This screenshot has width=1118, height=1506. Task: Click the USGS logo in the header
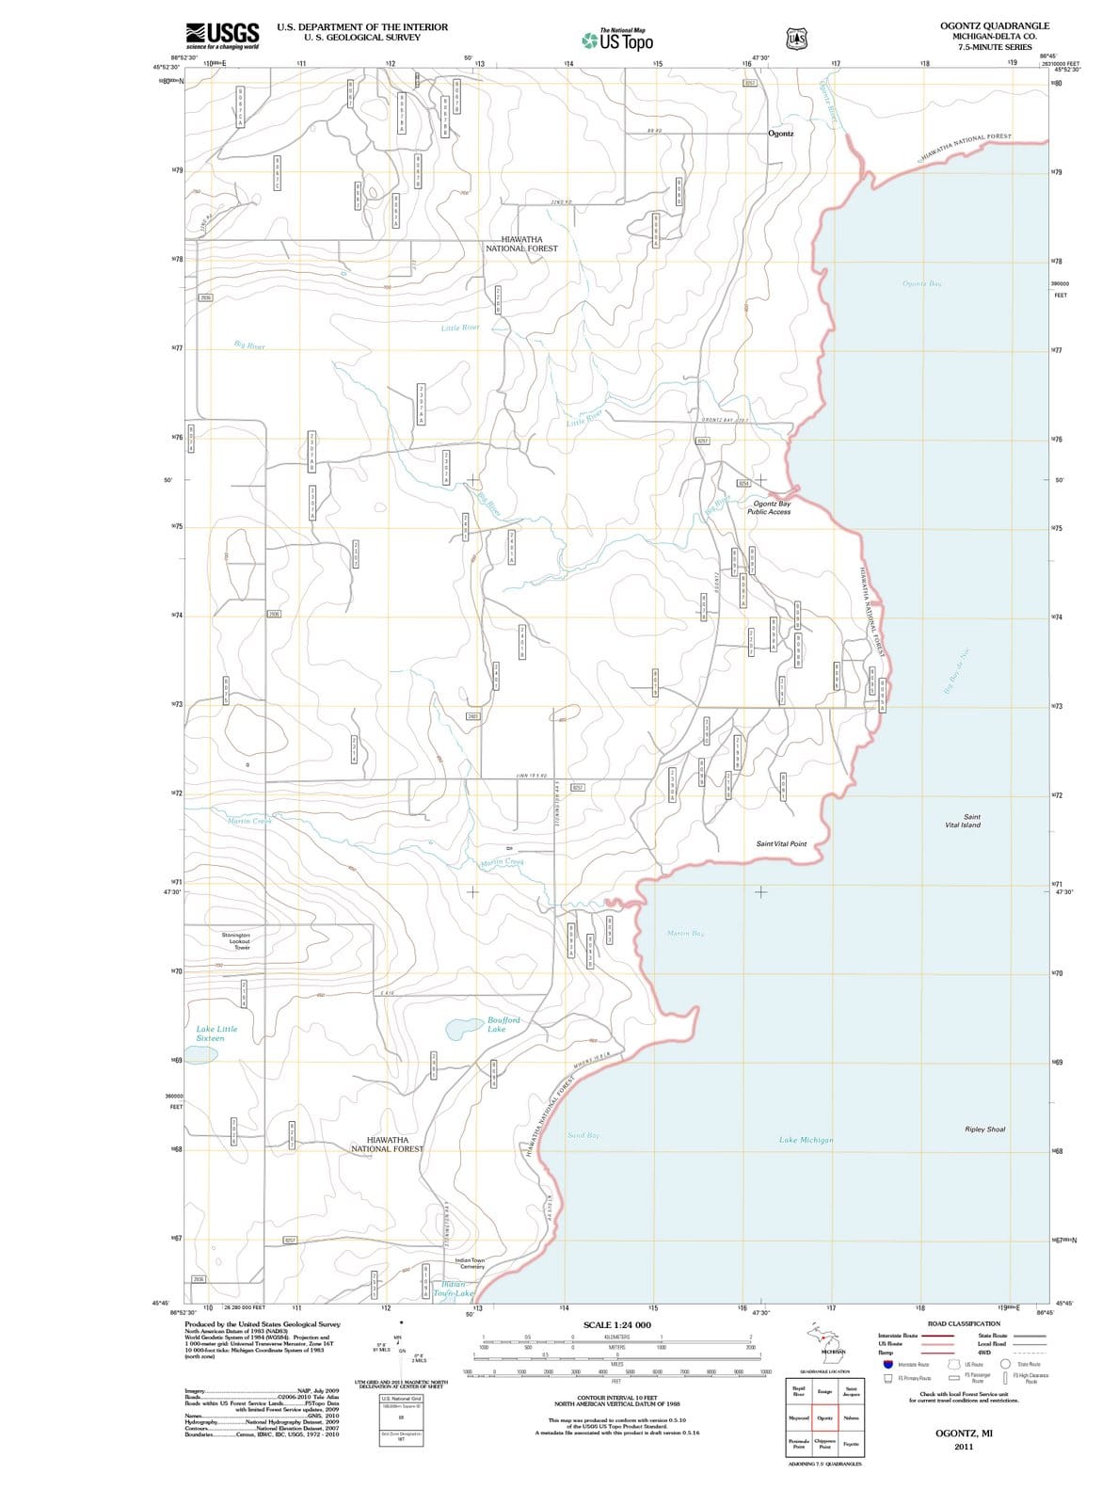(222, 37)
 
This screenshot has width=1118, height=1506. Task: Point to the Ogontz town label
(780, 134)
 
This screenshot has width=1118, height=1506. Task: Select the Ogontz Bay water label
(921, 283)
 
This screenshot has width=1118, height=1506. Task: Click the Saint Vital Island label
(963, 821)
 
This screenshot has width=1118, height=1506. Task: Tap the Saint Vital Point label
(781, 843)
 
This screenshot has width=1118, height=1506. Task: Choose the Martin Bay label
(685, 933)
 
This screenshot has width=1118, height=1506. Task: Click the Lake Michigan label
(806, 1140)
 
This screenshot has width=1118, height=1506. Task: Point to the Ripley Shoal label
(984, 1129)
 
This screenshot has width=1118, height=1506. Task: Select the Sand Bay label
(583, 1135)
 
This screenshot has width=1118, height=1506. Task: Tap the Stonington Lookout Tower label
(235, 941)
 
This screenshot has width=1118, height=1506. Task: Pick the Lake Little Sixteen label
(216, 1033)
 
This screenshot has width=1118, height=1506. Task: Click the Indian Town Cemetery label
(469, 1263)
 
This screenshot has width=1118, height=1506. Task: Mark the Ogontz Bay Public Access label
(770, 507)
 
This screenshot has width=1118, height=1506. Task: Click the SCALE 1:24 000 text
(616, 1325)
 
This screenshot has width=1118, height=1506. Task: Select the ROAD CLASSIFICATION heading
(964, 1323)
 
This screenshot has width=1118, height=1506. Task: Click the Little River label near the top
(460, 328)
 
